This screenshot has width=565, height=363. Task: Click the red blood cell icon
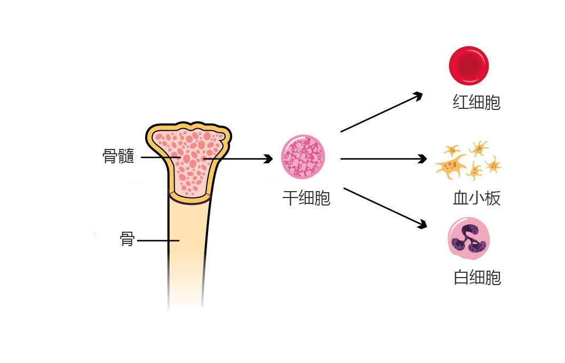(x=468, y=65)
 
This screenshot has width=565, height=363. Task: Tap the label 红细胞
(x=476, y=102)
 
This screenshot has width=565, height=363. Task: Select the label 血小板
(x=476, y=199)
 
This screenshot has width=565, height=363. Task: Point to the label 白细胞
(x=477, y=278)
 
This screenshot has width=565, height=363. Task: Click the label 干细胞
(x=306, y=199)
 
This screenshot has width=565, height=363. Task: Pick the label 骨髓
(x=118, y=156)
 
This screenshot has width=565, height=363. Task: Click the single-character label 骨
(x=127, y=239)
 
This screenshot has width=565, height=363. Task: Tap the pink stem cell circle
(x=303, y=157)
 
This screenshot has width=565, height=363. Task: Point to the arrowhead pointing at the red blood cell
(x=418, y=95)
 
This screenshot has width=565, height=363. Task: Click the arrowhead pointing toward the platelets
(x=423, y=159)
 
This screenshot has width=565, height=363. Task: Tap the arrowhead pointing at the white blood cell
(x=423, y=224)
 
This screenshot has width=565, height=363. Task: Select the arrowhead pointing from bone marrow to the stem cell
(x=269, y=159)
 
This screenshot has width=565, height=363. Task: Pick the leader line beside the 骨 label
(x=157, y=241)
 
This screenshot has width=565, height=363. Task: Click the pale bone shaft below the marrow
(x=186, y=256)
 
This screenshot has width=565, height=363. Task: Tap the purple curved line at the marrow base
(x=189, y=202)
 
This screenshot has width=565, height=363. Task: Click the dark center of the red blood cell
(x=468, y=65)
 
